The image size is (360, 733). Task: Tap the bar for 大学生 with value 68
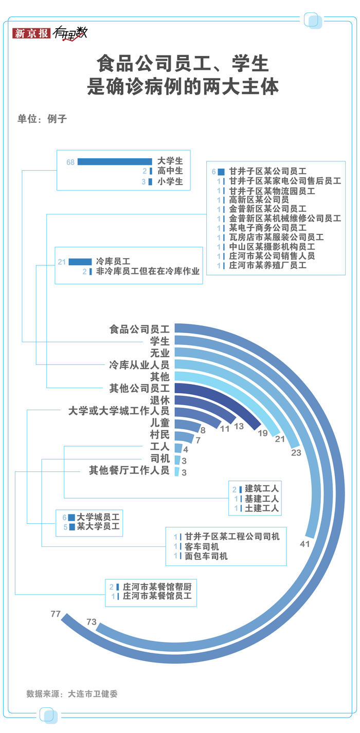[115, 162]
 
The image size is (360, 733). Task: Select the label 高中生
[170, 172]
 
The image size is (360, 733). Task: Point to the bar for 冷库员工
[80, 262]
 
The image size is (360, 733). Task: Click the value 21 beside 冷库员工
[62, 262]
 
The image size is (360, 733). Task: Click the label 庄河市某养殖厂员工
[267, 265]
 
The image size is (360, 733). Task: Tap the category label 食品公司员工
[139, 329]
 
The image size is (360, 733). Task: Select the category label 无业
[159, 353]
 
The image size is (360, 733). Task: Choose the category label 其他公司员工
[139, 388]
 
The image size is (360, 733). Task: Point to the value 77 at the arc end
[56, 614]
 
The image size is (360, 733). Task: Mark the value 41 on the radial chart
[305, 543]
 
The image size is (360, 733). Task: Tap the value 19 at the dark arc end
[262, 433]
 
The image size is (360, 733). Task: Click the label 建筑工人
[262, 488]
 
